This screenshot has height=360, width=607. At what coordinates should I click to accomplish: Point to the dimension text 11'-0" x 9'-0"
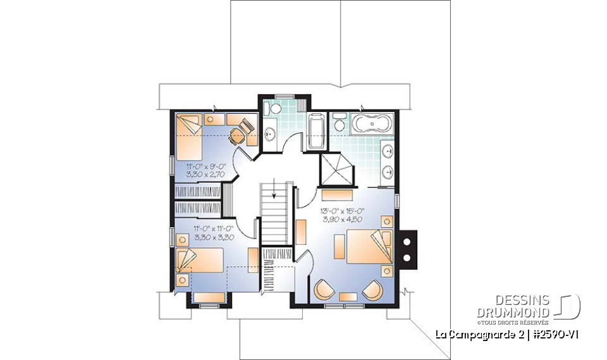(198, 166)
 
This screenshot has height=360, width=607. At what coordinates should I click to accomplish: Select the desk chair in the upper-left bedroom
(238, 135)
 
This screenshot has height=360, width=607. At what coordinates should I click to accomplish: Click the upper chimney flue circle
(407, 242)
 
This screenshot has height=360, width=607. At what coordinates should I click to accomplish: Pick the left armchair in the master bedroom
(324, 290)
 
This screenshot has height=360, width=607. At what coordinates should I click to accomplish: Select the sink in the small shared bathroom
(270, 133)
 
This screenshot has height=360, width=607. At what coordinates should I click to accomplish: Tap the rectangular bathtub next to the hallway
(316, 131)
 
